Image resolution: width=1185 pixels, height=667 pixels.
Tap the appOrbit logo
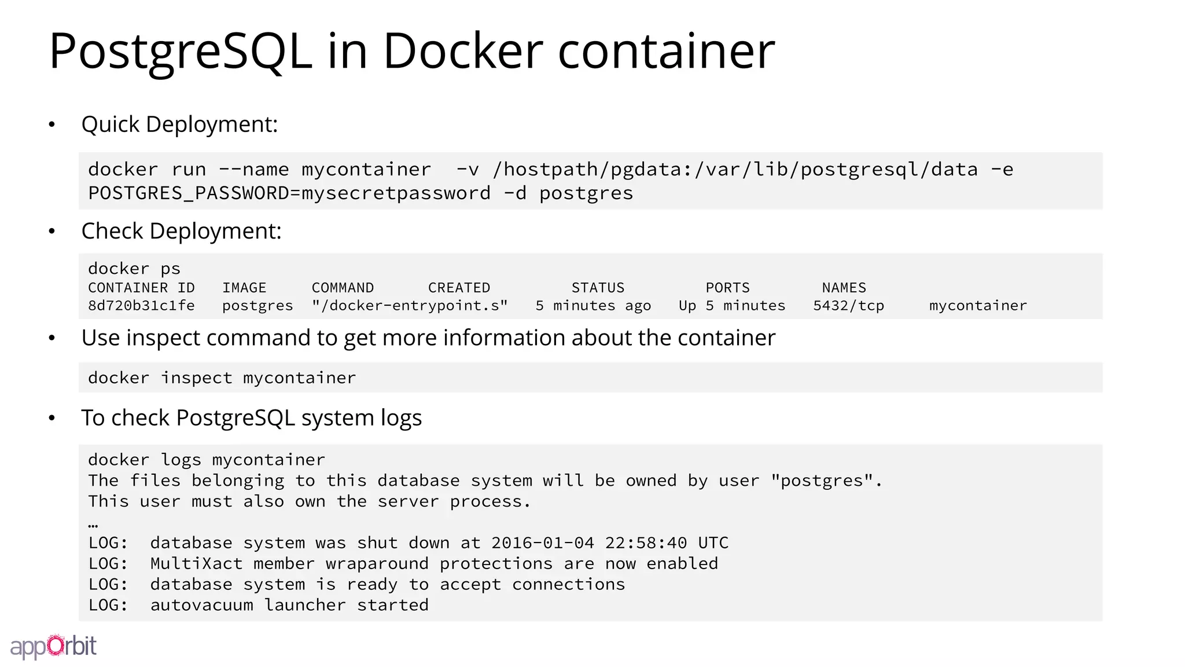[53, 646]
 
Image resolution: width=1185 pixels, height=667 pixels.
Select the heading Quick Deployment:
[179, 124]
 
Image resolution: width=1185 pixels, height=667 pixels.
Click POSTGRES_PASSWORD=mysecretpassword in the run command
[289, 193]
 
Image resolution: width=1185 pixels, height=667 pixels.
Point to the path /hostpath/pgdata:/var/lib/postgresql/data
[735, 170]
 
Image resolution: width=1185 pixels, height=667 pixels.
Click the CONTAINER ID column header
[141, 288]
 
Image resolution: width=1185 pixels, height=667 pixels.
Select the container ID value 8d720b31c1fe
[141, 306]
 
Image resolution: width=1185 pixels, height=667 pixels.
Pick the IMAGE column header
[244, 288]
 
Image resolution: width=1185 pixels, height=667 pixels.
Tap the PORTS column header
[727, 288]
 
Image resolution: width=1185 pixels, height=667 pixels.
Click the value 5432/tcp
[848, 306]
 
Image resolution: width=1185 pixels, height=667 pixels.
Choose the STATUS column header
[598, 288]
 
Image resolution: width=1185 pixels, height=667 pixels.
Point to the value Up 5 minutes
[732, 306]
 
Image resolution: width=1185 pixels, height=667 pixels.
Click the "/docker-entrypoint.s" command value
[410, 306]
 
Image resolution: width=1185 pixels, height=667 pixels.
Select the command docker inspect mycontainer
[222, 378]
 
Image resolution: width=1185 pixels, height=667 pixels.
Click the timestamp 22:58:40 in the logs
[646, 543]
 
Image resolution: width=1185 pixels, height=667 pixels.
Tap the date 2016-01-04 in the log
[542, 543]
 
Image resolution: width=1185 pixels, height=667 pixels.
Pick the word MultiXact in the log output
[196, 564]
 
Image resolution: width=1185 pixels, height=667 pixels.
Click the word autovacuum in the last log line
[201, 605]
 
